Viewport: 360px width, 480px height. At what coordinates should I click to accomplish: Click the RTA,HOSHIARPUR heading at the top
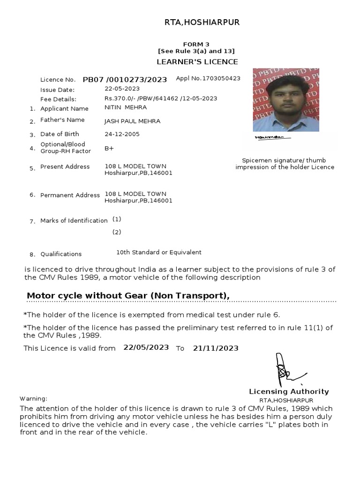[201, 22]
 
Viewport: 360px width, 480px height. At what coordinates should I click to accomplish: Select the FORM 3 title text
[196, 44]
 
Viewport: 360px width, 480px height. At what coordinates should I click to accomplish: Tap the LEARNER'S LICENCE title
[196, 62]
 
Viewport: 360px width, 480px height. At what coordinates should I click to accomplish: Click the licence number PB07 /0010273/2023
[125, 80]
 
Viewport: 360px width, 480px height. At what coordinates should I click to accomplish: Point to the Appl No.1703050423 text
[208, 78]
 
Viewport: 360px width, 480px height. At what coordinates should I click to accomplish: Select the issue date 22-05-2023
[122, 89]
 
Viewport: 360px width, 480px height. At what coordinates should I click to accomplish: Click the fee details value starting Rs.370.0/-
[161, 98]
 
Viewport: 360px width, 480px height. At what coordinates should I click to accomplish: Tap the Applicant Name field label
[64, 108]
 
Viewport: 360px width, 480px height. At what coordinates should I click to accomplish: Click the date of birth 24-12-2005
[122, 134]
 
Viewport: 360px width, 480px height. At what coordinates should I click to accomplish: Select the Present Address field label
[65, 166]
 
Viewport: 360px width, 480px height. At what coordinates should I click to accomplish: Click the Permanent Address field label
[70, 195]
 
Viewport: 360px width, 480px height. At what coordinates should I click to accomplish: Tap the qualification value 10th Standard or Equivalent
[159, 252]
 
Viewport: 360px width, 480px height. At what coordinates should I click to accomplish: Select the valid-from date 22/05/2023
[146, 348]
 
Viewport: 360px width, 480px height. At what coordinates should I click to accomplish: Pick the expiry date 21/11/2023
[216, 348]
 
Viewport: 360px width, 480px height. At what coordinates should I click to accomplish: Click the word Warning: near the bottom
[33, 398]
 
